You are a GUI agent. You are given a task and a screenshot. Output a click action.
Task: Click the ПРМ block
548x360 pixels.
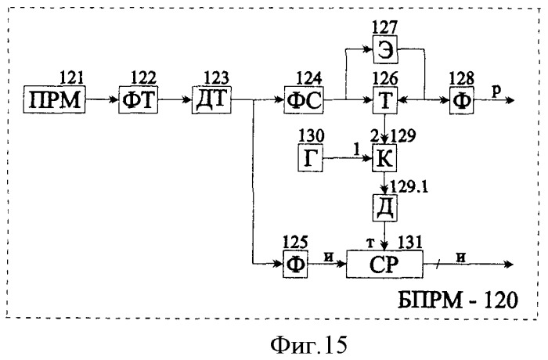pos(54,99)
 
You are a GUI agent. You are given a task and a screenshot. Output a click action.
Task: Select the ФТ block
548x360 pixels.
pos(138,99)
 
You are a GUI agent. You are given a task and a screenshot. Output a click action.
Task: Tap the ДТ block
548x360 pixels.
pos(212,99)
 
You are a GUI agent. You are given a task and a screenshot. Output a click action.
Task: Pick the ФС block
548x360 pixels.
pos(304,100)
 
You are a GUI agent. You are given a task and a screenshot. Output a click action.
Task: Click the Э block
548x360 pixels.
pos(385,50)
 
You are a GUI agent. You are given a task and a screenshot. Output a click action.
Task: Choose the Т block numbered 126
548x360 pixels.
pos(385,100)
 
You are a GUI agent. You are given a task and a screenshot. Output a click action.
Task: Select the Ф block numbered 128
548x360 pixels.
pos(462,100)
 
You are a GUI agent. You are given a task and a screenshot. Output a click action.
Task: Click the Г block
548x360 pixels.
pos(310,158)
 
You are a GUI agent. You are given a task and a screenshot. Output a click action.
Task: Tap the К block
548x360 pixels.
pos(384,158)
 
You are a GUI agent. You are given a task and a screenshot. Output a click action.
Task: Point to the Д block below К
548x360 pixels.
pos(385,208)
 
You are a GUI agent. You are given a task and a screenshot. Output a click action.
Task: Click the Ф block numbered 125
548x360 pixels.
pos(295,265)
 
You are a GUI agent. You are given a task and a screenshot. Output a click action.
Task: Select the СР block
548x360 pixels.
pos(384,265)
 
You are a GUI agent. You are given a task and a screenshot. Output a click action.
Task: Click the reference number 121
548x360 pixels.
pos(72,77)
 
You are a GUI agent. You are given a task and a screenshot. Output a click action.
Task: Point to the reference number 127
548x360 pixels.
pos(384,28)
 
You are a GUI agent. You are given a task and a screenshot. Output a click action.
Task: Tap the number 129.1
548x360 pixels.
pos(409,187)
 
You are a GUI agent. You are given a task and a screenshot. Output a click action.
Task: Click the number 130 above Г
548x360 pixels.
pos(311,135)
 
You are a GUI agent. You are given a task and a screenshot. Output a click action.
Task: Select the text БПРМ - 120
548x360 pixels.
pos(457,301)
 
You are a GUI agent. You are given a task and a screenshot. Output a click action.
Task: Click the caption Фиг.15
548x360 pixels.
pos(309,345)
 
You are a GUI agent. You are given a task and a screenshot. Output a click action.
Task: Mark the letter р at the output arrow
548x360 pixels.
pos(496,91)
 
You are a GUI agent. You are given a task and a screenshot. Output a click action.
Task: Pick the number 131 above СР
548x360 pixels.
pos(409,242)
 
